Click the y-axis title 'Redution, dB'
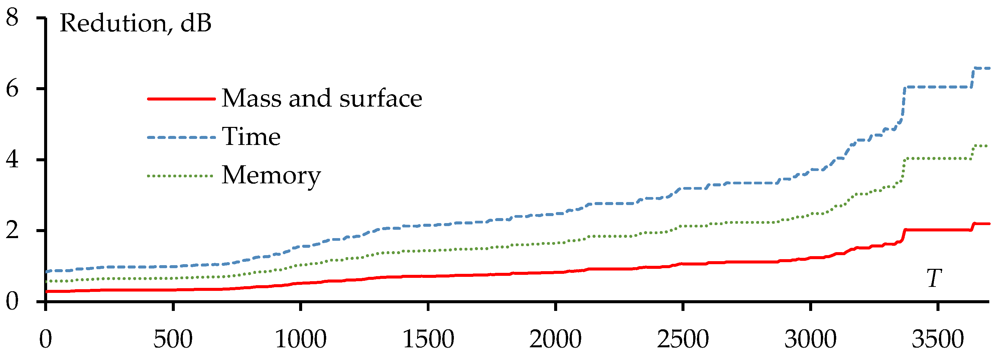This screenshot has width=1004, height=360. (x=135, y=23)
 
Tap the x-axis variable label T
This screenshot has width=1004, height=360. (x=934, y=279)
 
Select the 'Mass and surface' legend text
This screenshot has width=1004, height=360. (x=322, y=98)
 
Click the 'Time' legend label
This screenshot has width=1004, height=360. (x=251, y=137)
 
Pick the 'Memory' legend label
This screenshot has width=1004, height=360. (x=271, y=176)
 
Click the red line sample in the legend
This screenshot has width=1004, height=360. (x=181, y=99)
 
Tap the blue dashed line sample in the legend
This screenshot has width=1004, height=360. (x=181, y=137)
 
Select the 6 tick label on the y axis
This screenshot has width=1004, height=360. (x=12, y=89)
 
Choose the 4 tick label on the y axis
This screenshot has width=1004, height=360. (x=12, y=160)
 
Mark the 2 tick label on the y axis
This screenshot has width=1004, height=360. (x=12, y=230)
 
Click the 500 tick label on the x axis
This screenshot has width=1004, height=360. (x=173, y=339)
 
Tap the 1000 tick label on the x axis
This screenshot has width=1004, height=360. (x=300, y=339)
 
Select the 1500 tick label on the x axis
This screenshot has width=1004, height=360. (x=428, y=339)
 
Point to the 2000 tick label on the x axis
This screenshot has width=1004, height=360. (x=555, y=339)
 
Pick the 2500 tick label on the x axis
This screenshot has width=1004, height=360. (x=683, y=339)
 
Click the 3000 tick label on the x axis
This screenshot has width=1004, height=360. (x=810, y=339)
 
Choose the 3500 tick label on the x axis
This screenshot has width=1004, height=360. (x=938, y=339)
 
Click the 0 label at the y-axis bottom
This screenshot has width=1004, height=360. (x=12, y=302)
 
